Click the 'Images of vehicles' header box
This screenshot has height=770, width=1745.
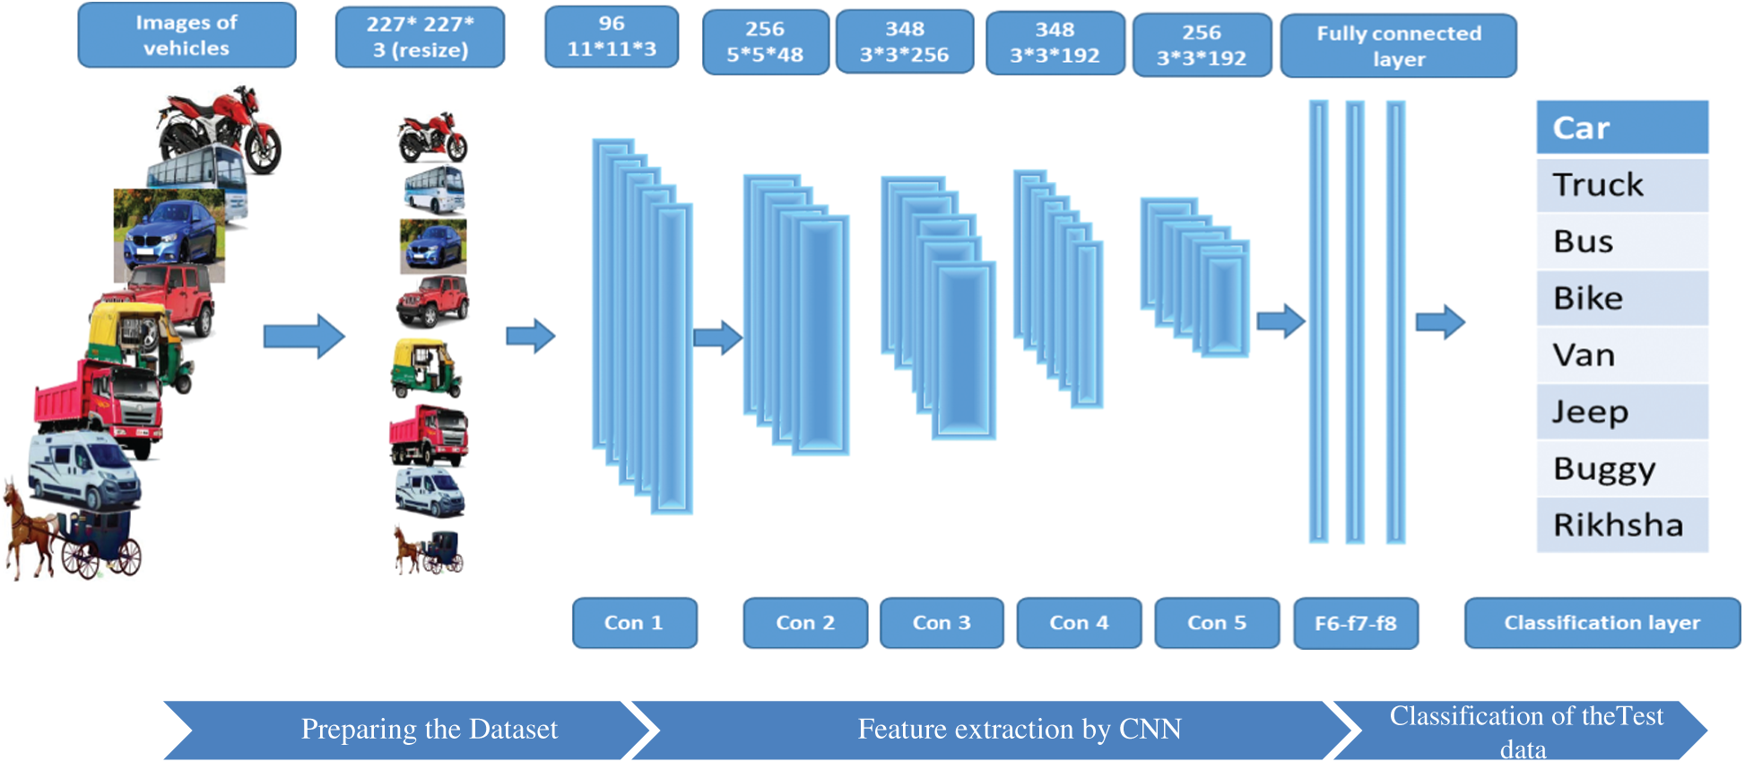tap(187, 35)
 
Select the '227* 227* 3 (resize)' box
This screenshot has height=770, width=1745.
tap(420, 37)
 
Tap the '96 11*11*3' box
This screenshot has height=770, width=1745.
tap(612, 37)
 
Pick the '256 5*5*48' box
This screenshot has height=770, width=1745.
tap(765, 42)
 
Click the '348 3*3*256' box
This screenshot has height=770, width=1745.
tap(904, 42)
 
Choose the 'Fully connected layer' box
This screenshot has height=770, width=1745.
tap(1398, 46)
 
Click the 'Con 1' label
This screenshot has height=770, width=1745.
tap(634, 623)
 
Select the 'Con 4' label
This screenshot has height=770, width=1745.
tap(1079, 623)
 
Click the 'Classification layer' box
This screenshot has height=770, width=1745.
tap(1602, 623)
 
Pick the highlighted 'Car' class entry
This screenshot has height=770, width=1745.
tap(1621, 127)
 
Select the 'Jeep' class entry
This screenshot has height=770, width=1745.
tap(1621, 412)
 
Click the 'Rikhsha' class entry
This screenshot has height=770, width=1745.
tap(1621, 525)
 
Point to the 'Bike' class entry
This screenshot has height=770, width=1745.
tap(1621, 298)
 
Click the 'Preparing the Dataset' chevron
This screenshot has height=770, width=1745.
tap(429, 729)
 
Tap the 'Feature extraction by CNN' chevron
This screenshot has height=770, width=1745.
tap(1019, 729)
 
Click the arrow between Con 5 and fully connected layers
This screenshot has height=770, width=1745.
tap(1281, 321)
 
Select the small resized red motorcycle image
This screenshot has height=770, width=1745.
tap(432, 137)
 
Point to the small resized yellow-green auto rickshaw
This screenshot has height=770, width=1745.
tap(425, 368)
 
